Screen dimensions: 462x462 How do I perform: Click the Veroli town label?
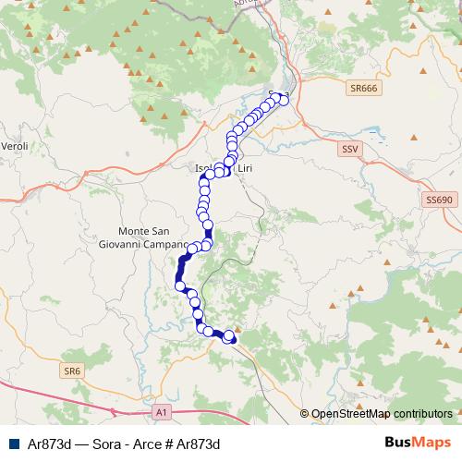pos(16,147)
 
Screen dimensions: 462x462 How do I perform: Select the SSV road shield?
pos(349,148)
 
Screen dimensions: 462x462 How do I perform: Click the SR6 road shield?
pos(73,371)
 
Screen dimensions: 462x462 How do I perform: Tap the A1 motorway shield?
pos(162,411)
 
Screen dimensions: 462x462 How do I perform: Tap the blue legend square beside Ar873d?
pos(14,444)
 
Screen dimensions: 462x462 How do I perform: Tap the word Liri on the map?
pos(245,169)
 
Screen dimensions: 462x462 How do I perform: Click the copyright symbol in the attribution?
pos(305,414)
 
